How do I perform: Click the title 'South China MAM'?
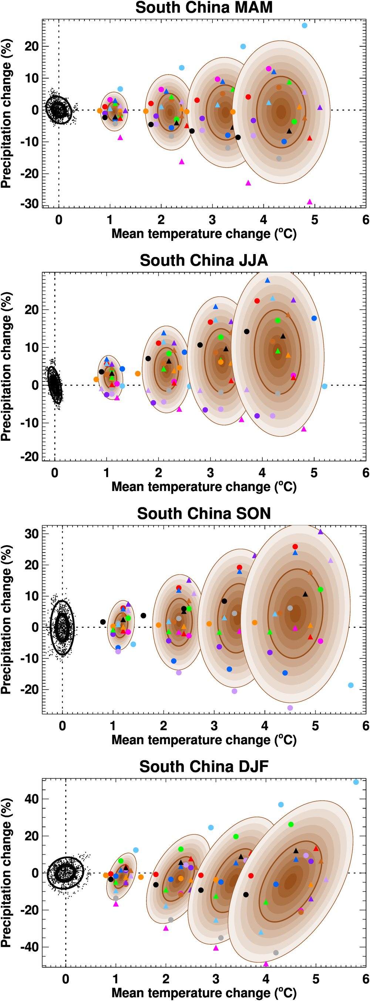[204, 8]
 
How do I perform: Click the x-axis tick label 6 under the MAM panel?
[365, 220]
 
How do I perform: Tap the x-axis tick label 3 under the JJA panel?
[210, 473]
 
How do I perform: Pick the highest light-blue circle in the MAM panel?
[305, 26]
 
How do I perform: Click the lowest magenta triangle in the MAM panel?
[309, 202]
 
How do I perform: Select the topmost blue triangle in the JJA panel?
[267, 280]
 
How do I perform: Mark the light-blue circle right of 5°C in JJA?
[324, 386]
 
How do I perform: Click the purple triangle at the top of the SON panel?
[320, 531]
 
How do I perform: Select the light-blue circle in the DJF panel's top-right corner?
[356, 782]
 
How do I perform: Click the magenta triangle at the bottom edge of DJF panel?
[266, 964]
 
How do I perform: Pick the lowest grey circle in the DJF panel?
[276, 952]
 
